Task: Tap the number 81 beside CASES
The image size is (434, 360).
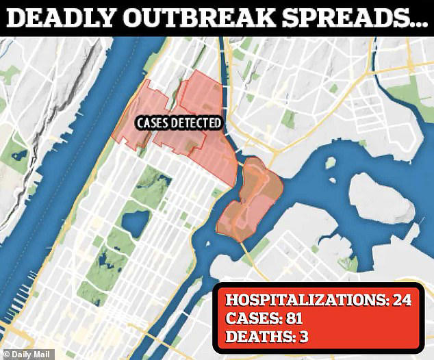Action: (x=290, y=318)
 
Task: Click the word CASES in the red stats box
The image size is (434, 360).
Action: (x=250, y=318)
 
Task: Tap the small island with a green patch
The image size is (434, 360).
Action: (x=330, y=164)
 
